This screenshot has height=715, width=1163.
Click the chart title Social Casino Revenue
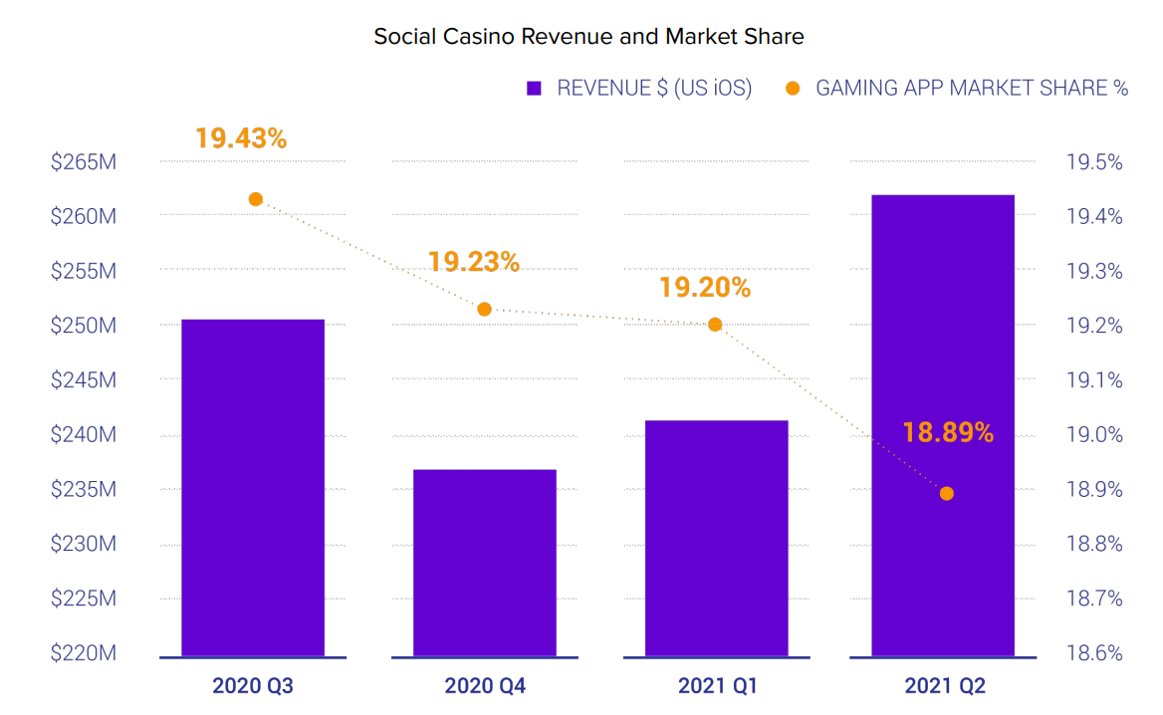[588, 37]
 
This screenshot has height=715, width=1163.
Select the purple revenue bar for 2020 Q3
[253, 488]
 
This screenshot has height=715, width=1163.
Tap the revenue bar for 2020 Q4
[485, 563]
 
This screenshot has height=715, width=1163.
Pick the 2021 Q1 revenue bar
[716, 538]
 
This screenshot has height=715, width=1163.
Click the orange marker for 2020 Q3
[256, 199]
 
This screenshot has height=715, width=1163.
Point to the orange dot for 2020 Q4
[485, 309]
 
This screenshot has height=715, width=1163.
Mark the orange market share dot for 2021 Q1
[715, 324]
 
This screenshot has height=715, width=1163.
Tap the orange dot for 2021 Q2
[947, 493]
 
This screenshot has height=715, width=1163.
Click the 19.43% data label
[241, 138]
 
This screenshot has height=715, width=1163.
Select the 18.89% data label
[948, 432]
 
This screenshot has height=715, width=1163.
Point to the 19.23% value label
[474, 262]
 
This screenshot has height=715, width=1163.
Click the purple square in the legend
[534, 88]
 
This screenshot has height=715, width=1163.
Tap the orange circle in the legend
[793, 88]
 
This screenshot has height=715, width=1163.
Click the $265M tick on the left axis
[84, 161]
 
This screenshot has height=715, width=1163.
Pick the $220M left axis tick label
[84, 653]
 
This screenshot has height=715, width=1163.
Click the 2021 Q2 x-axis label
[945, 686]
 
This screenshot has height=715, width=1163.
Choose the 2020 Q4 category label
[485, 686]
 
